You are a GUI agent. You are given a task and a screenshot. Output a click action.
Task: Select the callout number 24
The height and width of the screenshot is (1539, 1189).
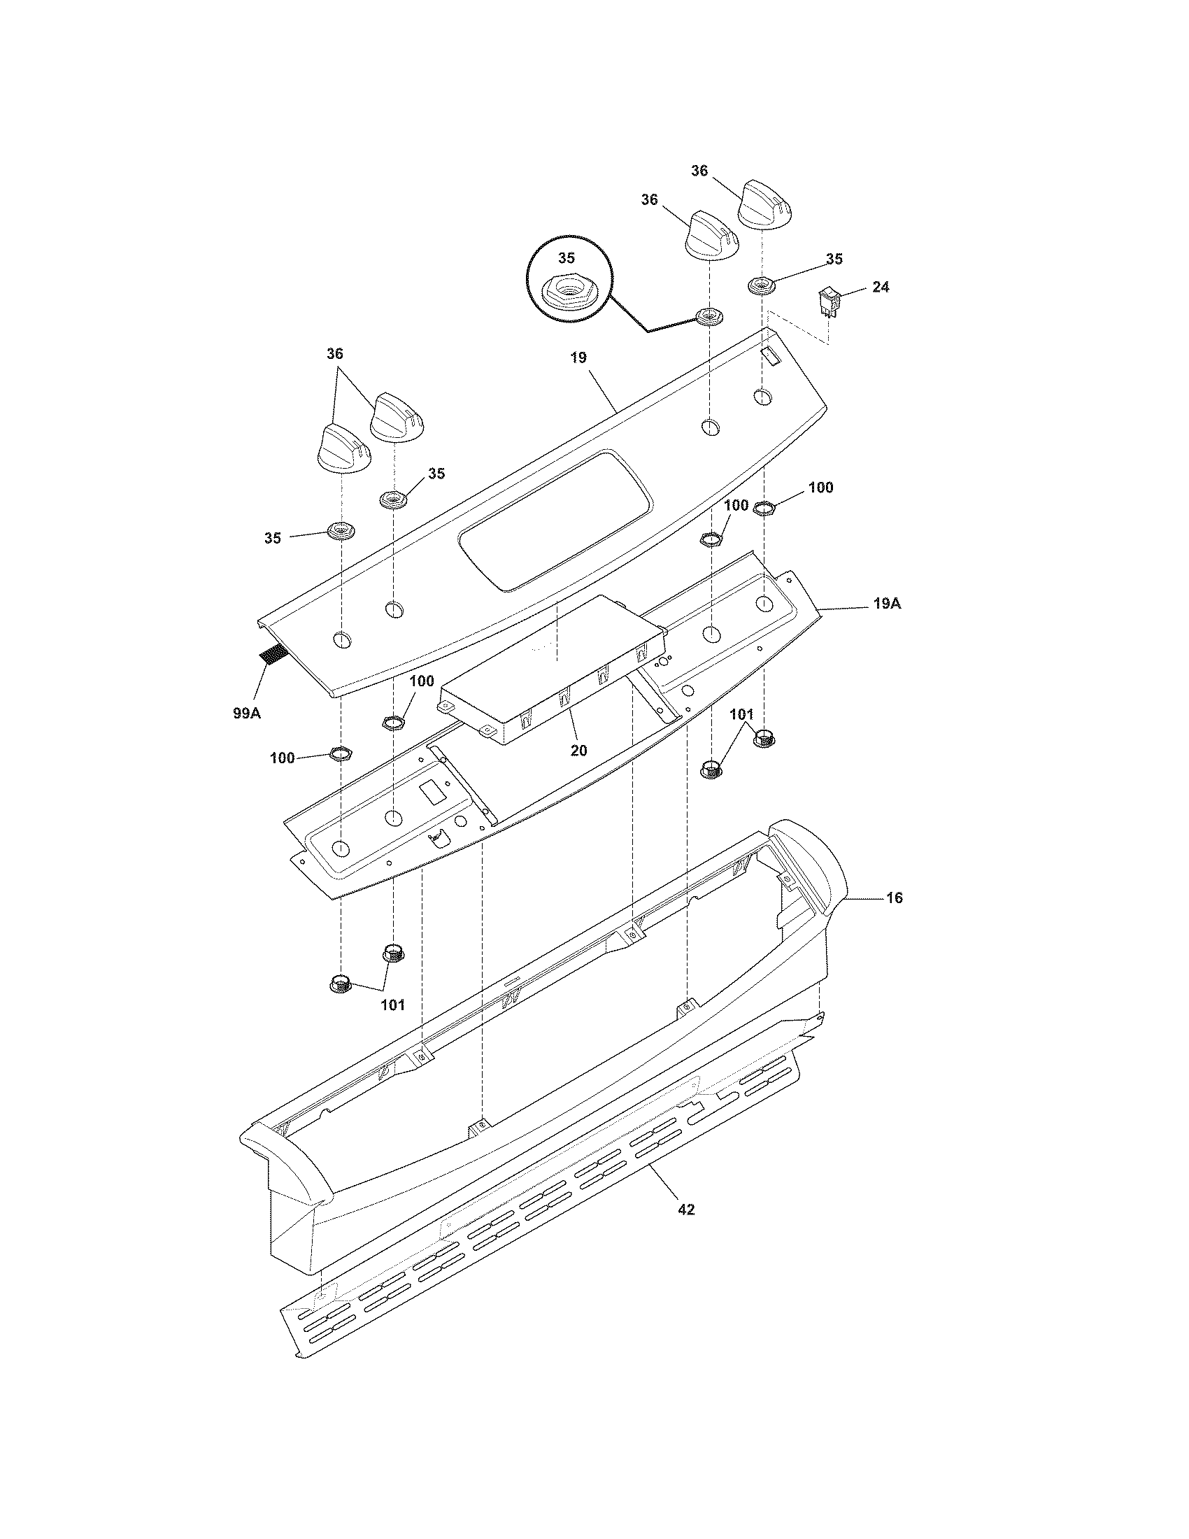point(880,287)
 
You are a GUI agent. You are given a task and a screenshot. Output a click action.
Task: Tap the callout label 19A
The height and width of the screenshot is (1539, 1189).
point(886,604)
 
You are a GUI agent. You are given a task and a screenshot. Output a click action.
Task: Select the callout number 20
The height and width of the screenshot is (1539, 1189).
point(578,751)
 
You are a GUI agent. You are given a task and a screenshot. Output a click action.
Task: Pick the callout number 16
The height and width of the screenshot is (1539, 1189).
point(894,898)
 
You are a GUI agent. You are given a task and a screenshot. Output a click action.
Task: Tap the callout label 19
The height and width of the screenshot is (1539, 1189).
point(578,357)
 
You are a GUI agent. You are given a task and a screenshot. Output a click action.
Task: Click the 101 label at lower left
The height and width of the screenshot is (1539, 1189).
point(392,1005)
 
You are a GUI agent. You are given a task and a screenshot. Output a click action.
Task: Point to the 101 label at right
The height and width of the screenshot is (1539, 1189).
point(741,715)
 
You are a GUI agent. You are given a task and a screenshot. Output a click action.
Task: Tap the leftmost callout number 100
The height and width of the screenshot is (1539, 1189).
point(283,758)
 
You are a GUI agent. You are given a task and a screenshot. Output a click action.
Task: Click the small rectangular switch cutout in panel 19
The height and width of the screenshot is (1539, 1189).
point(772,358)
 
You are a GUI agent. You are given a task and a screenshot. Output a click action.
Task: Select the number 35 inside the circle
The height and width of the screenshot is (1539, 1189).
point(567,257)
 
